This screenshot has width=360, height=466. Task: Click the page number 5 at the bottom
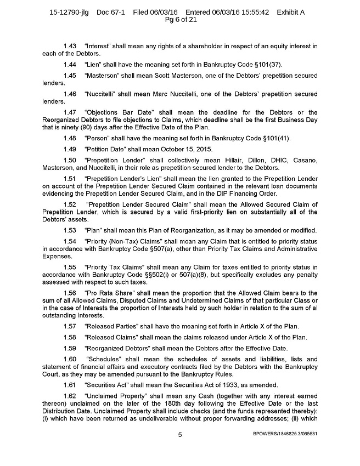coord(179,435)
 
